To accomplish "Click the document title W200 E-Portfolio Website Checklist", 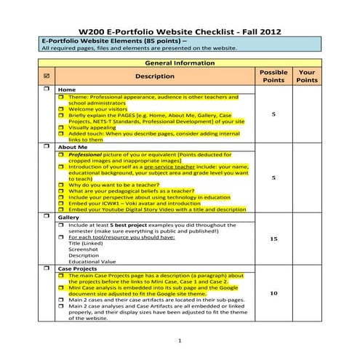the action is tap(179, 33).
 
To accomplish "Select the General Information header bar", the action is tap(179, 63).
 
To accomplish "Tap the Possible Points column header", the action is tap(273, 76).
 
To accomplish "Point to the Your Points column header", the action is tap(307, 76).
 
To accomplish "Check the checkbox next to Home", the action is tap(47, 89).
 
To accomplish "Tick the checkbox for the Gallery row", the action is tap(47, 217).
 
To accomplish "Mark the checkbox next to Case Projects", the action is tap(47, 268).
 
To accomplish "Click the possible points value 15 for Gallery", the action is tap(273, 239).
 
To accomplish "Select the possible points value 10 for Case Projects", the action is tap(273, 293).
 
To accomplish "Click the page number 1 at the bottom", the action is tap(180, 341).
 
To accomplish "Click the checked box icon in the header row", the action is tap(47, 76).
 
